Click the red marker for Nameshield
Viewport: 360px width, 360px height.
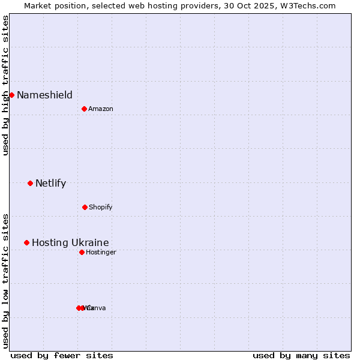11,95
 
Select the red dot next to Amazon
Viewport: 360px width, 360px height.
84,109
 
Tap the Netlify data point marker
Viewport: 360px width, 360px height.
30,183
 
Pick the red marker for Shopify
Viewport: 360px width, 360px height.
85,207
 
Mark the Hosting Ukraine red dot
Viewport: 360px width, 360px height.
26,242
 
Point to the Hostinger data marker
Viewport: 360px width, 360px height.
82,252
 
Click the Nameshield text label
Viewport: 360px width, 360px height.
44,95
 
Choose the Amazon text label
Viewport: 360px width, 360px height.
101,109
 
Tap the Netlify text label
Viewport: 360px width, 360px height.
50,183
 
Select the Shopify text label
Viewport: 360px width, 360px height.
101,207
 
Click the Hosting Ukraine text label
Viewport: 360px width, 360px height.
70,242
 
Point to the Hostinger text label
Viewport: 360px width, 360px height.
101,252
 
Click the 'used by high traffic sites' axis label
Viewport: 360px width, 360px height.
5,85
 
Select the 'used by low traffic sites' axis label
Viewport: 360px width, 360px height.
5,280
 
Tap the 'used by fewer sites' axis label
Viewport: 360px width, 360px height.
62,355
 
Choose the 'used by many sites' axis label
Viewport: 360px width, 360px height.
301,355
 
